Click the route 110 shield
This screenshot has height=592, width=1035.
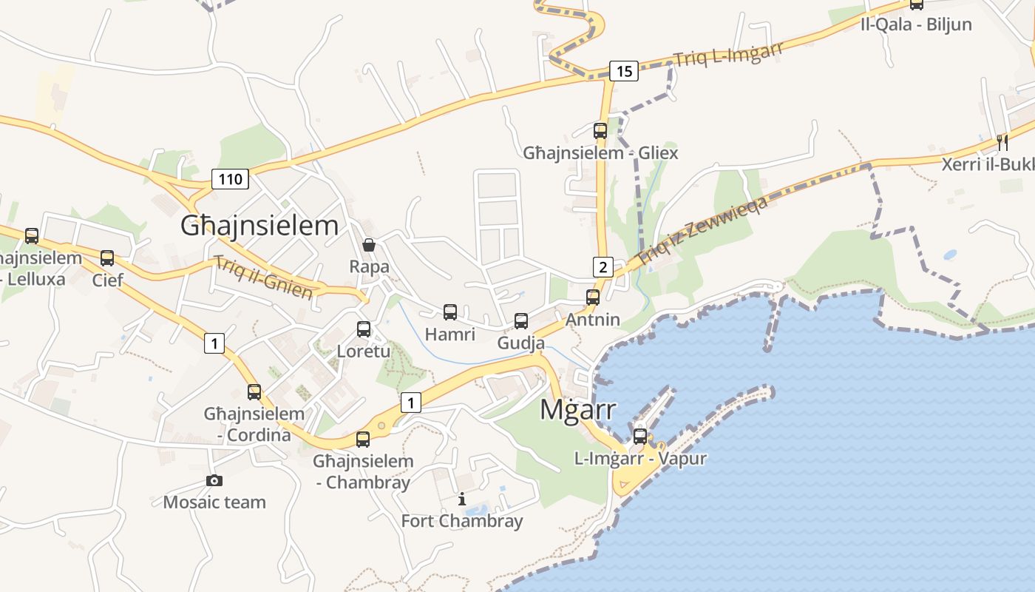[x=230, y=178]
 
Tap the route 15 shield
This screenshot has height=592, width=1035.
[x=624, y=71]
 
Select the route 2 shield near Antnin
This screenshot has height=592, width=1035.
[x=603, y=267]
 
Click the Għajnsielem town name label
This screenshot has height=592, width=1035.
[x=259, y=226]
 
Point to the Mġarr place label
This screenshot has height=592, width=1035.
[x=577, y=408]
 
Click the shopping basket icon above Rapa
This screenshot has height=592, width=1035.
[x=368, y=244]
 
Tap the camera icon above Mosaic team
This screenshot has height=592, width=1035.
[x=214, y=480]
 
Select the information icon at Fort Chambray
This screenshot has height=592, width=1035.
[x=462, y=499]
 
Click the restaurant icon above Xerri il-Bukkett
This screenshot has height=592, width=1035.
[x=1002, y=142]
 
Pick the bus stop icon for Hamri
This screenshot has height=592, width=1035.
[x=449, y=312]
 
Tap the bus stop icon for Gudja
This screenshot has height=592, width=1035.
[x=521, y=320]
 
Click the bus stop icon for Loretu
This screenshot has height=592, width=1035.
[x=363, y=329]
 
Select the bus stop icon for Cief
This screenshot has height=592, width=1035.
[x=107, y=258]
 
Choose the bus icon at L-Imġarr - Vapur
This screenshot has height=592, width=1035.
[x=640, y=436]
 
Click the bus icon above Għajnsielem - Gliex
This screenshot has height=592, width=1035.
[x=600, y=131]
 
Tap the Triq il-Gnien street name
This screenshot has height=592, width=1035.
[x=263, y=277]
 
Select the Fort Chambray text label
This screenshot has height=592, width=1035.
[x=461, y=521]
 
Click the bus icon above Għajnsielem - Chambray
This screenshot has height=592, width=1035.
[x=362, y=439]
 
